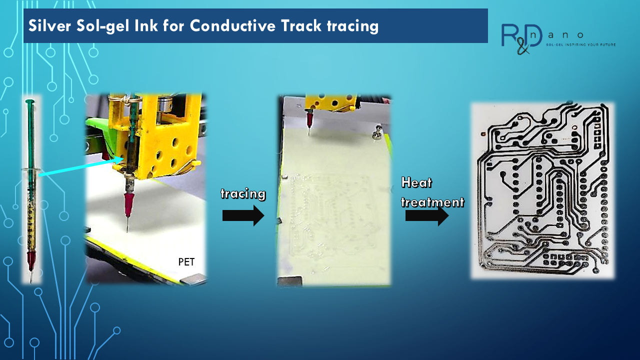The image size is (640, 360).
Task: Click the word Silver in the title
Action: coord(49,25)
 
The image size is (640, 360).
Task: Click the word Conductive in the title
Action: coord(233,25)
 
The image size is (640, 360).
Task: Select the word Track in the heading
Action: coord(301,25)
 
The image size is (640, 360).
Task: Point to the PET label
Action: coord(186,261)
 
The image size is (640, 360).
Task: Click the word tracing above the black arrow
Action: coord(243,194)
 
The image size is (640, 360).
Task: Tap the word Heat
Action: coord(416,182)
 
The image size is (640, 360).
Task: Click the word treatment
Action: coord(432,202)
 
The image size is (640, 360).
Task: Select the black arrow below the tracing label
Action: coord(243,215)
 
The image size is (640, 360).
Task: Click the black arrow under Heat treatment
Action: coord(427,215)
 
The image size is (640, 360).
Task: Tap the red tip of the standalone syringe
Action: coord(31,260)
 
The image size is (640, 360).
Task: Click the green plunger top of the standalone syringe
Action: coord(30,101)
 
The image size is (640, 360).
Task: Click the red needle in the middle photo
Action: coord(309,120)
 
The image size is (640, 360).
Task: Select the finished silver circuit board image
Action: coord(542,190)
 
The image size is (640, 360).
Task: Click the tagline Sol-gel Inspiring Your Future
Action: coord(581,45)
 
